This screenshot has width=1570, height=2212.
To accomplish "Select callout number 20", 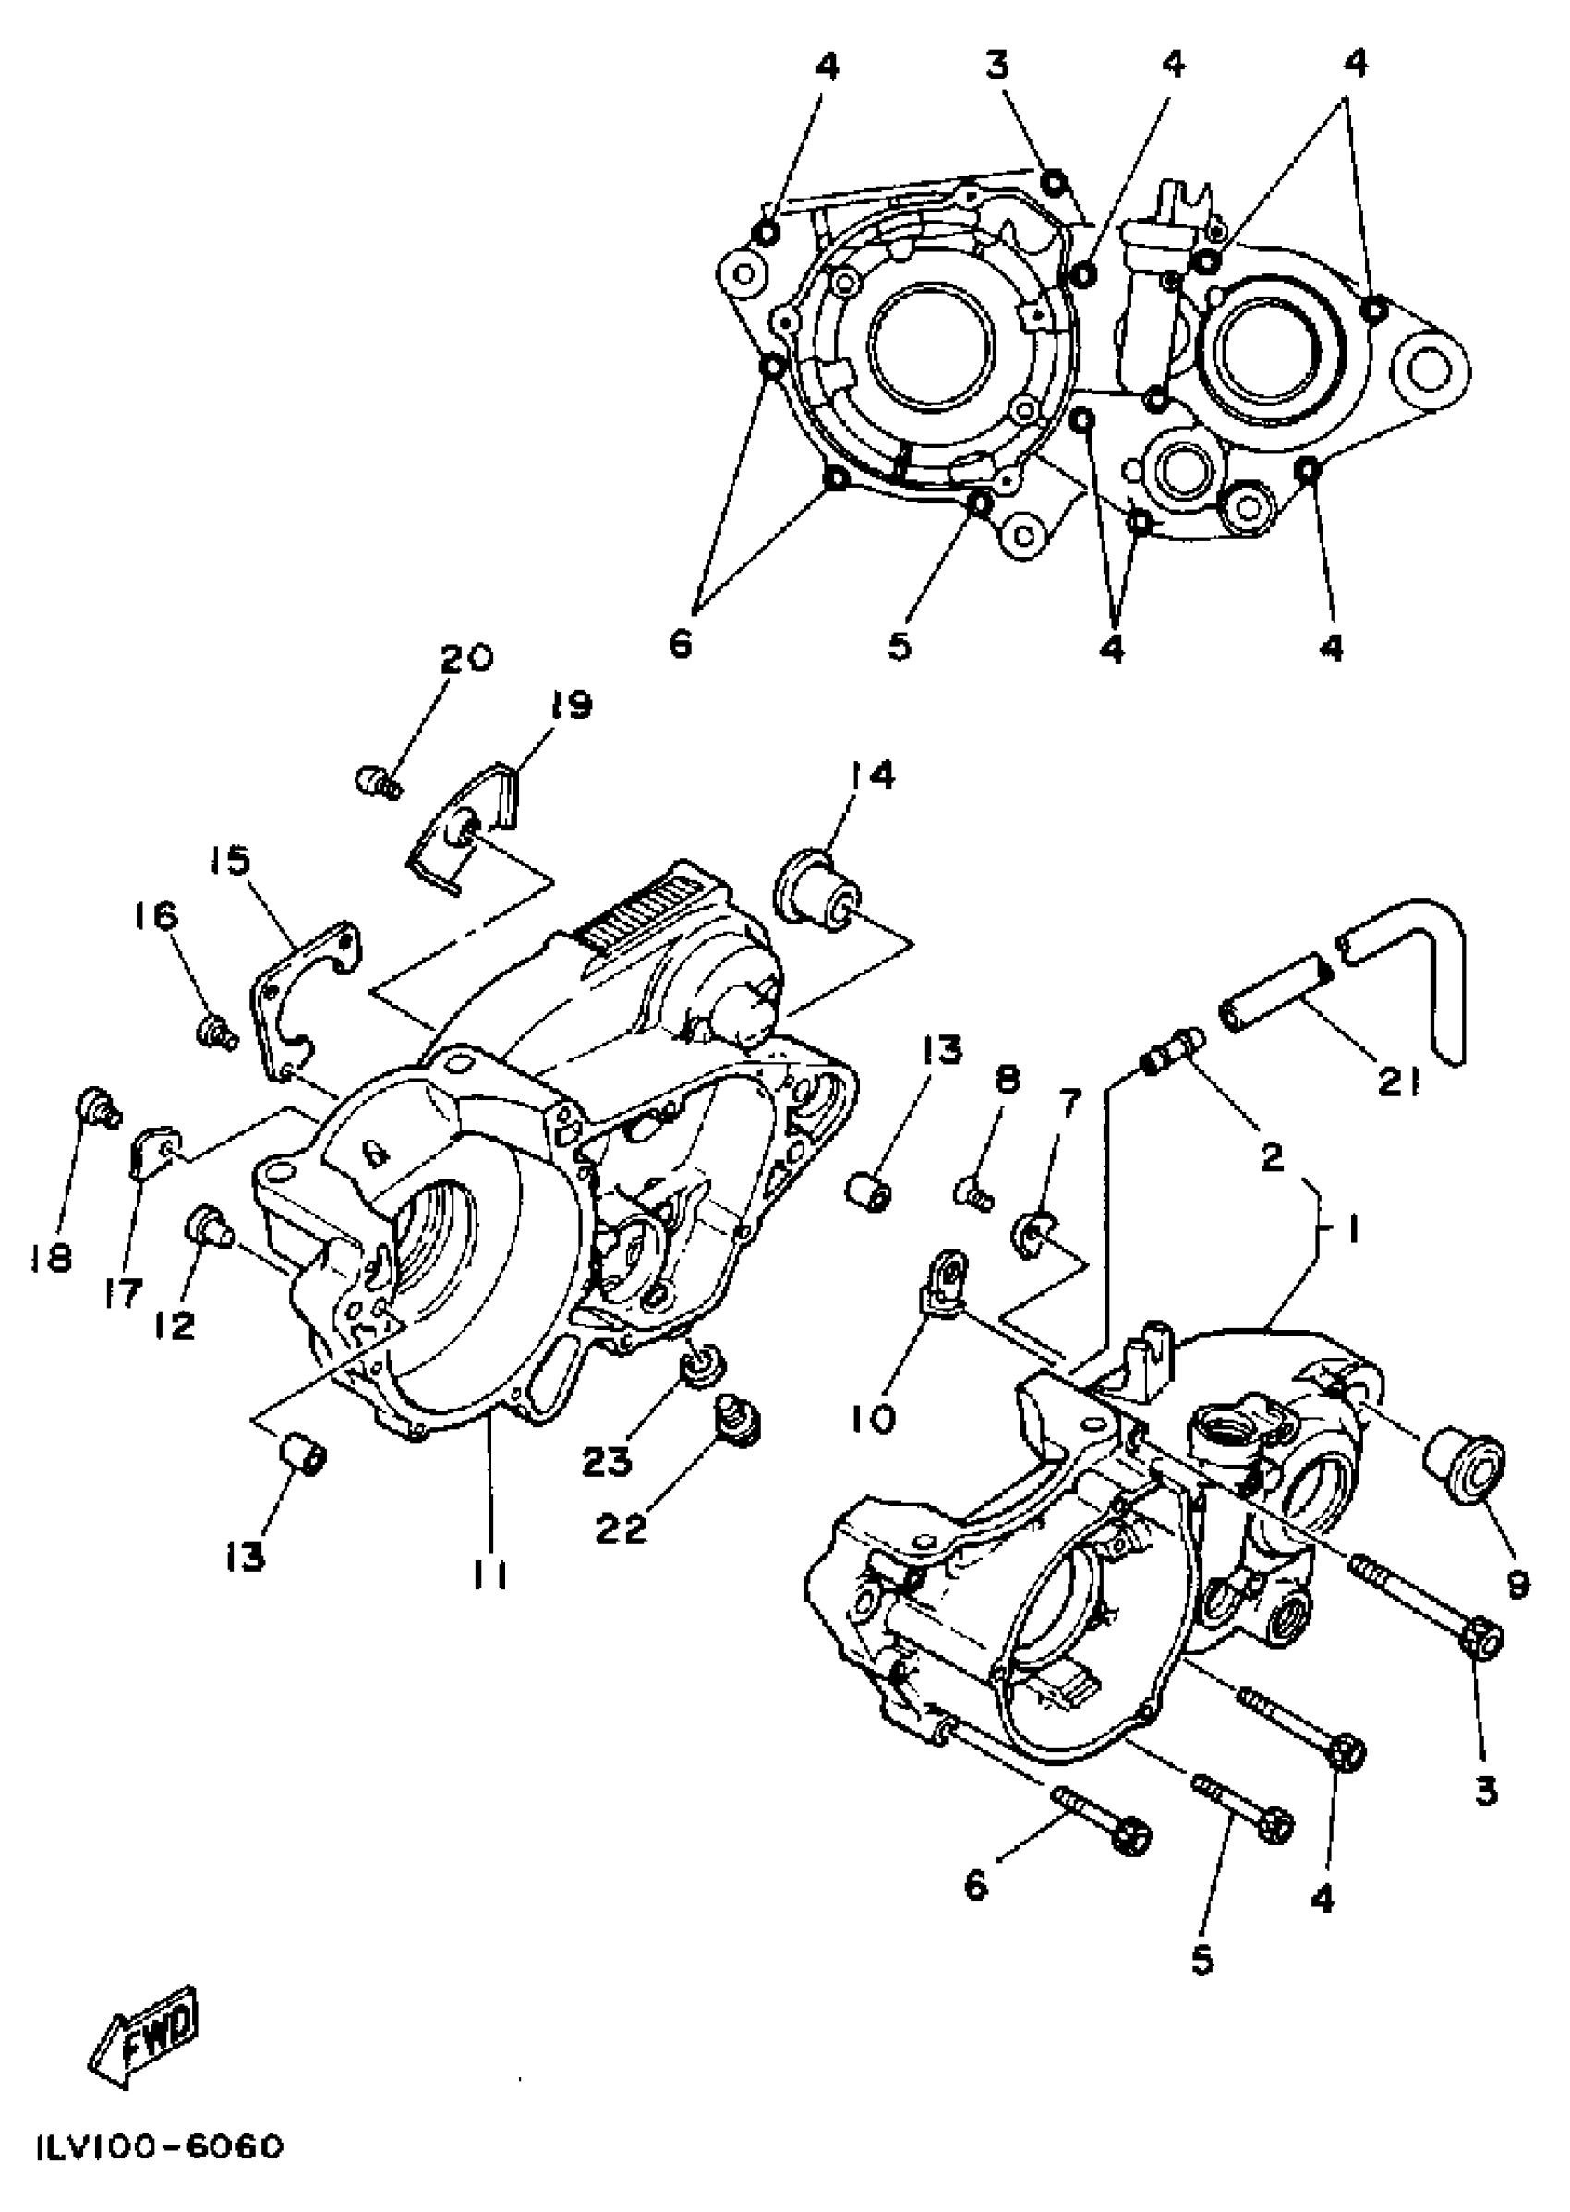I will pos(466,659).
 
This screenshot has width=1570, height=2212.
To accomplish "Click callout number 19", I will pos(571,706).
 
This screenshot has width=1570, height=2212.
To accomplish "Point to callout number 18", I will pos(50,1258).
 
